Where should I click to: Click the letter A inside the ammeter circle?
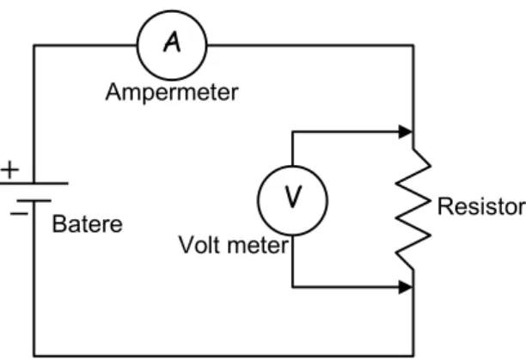pyautogui.click(x=172, y=42)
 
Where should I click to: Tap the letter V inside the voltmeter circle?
pyautogui.click(x=293, y=197)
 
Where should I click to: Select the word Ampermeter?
pyautogui.click(x=172, y=92)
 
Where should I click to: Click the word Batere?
pyautogui.click(x=87, y=224)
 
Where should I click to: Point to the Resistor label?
pyautogui.click(x=481, y=206)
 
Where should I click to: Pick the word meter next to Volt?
pyautogui.click(x=258, y=246)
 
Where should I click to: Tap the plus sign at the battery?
pyautogui.click(x=10, y=169)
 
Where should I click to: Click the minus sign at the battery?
pyautogui.click(x=19, y=213)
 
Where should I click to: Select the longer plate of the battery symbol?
pyautogui.click(x=34, y=183)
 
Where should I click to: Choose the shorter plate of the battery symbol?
pyautogui.click(x=34, y=201)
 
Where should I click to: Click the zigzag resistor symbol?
pyautogui.click(x=413, y=209)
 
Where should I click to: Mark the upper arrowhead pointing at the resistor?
pyautogui.click(x=406, y=131)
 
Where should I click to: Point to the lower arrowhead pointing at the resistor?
pyautogui.click(x=406, y=287)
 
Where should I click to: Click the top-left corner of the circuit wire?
pyautogui.click(x=34, y=46)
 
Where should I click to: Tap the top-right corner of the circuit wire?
pyautogui.click(x=413, y=46)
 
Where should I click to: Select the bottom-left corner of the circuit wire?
pyautogui.click(x=34, y=356)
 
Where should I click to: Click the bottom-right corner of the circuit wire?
pyautogui.click(x=413, y=356)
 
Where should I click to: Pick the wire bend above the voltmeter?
pyautogui.click(x=293, y=132)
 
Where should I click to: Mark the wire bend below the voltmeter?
pyautogui.click(x=293, y=287)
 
